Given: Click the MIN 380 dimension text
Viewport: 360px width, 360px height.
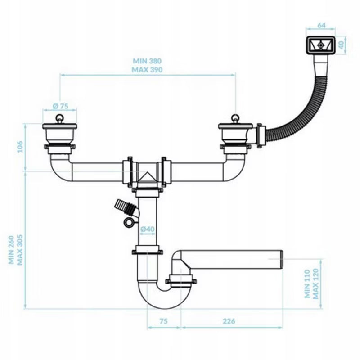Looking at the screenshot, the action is tap(147, 61).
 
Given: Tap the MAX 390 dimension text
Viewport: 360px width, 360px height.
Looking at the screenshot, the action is tap(147, 70).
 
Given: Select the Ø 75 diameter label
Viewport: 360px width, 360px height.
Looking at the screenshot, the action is tap(61, 106).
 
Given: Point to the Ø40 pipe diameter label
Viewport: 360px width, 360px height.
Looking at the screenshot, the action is tap(148, 229).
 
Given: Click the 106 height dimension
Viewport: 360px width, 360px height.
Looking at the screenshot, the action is tap(20, 147).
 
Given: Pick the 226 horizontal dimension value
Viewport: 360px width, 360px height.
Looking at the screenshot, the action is tap(229, 321).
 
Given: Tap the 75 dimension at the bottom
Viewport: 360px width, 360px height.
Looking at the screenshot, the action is tap(163, 321).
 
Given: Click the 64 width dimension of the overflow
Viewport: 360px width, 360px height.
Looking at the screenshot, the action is tap(321, 25).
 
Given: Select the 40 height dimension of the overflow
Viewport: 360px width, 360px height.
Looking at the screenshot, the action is tap(342, 45).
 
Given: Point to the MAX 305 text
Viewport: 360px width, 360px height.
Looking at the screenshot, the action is tap(20, 250).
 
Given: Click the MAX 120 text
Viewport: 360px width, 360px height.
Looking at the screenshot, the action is tap(316, 284).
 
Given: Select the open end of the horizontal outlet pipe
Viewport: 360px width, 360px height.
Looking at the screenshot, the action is tap(282, 259).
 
